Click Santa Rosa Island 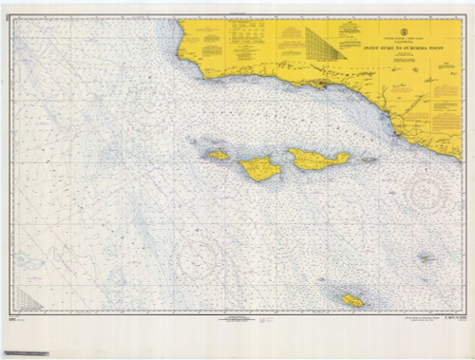point(258,169)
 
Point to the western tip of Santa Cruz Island point(290,155)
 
